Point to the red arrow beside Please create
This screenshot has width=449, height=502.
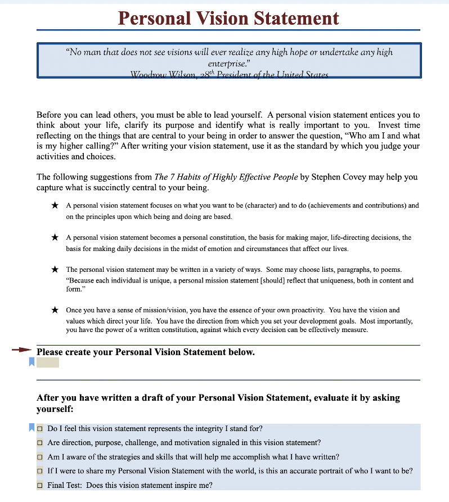22,349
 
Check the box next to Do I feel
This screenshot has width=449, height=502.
40,429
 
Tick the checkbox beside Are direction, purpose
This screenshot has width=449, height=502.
40,443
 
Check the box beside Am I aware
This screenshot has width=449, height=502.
40,457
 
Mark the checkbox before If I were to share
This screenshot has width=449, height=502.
40,471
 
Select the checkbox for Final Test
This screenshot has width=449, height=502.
40,485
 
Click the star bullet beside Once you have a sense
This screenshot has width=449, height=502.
55,310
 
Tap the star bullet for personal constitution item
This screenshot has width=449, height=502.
55,238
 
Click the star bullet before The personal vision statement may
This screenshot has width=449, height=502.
55,270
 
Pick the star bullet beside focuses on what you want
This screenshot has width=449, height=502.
55,206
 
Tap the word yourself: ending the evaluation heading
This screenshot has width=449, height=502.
55,409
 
